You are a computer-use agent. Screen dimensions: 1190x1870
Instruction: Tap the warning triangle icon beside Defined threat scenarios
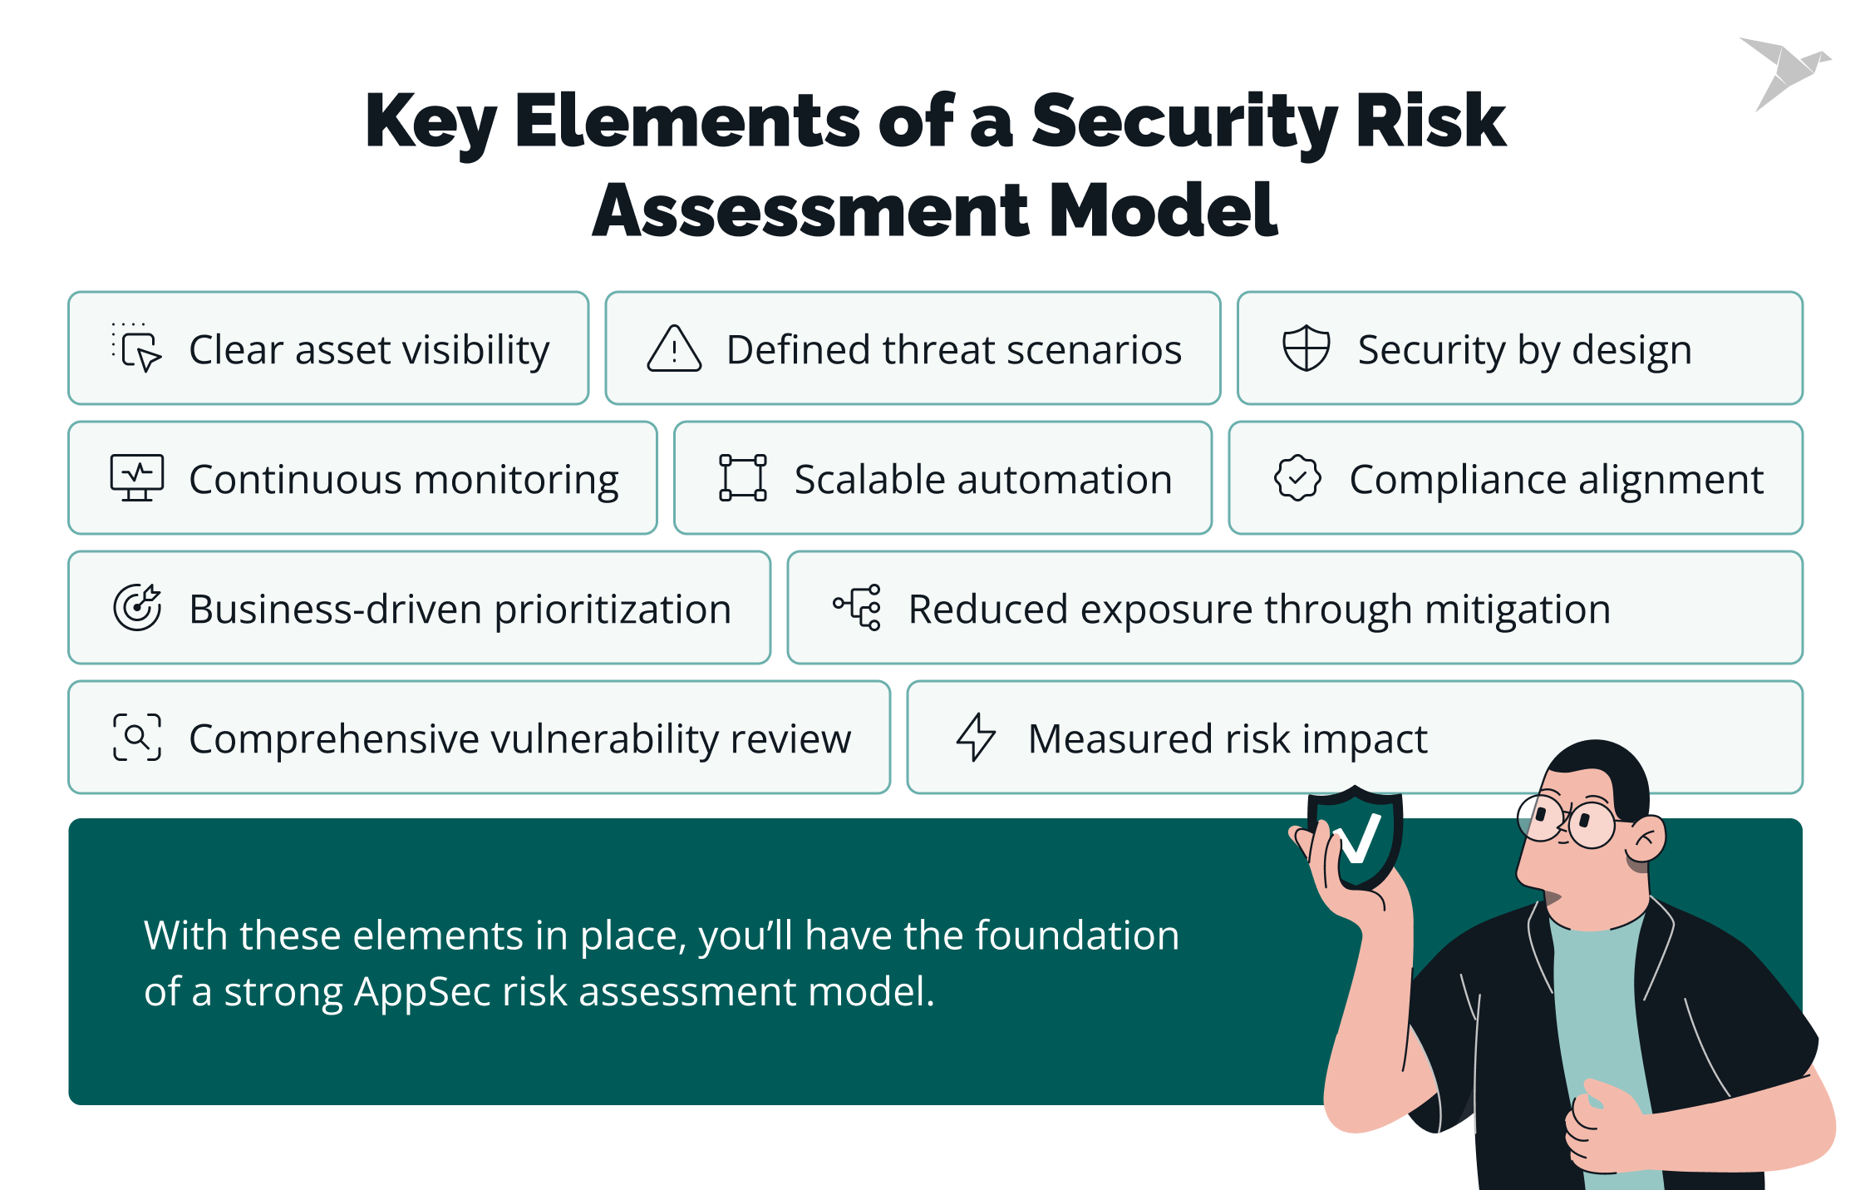click(x=674, y=348)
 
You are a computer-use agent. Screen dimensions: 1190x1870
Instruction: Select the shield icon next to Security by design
click(x=1306, y=348)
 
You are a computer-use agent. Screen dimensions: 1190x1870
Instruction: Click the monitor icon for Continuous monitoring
click(x=137, y=477)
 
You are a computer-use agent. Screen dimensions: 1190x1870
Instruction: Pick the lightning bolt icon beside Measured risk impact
click(x=976, y=737)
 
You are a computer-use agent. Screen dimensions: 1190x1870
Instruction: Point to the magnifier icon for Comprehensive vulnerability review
click(x=137, y=737)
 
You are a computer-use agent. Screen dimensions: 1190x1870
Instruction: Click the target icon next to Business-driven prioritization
click(x=137, y=607)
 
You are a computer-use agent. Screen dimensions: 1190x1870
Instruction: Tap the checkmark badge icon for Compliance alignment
click(x=1297, y=477)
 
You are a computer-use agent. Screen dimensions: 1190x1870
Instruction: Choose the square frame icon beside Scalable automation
click(x=742, y=477)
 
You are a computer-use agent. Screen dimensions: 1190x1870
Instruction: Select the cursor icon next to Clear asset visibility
click(x=138, y=349)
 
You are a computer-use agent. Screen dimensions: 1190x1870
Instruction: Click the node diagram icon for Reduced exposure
click(x=858, y=607)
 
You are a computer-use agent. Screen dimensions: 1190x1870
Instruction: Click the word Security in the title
click(x=1184, y=121)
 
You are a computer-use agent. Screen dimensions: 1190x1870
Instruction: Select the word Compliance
click(x=1457, y=480)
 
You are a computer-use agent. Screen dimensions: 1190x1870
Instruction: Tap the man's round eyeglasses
click(x=1567, y=821)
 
